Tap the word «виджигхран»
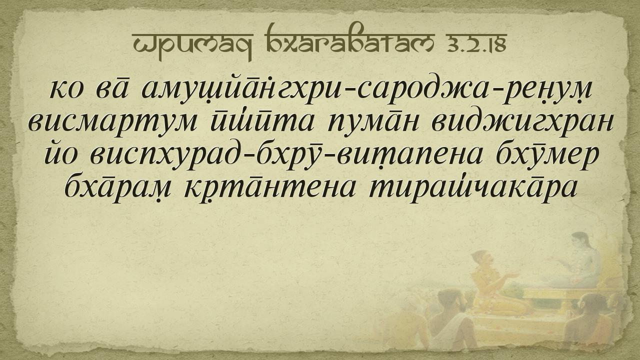point(523,123)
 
